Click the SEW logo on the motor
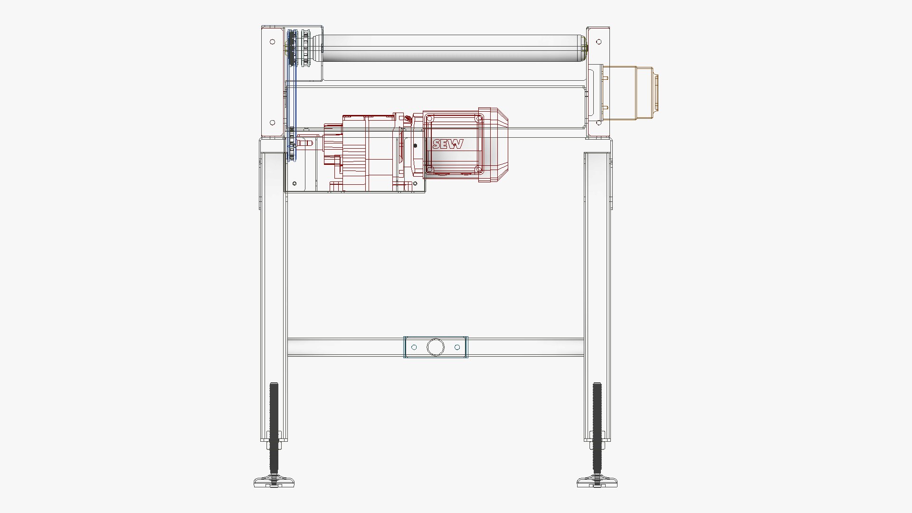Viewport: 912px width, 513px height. pos(447,144)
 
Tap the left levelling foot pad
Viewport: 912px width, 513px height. pos(274,483)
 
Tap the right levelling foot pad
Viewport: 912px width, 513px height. pos(597,483)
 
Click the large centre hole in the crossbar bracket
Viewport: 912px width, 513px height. pos(435,347)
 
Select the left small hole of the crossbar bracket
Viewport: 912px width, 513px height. pos(414,347)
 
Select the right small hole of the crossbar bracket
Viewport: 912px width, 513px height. pos(457,347)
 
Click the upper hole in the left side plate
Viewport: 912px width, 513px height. pos(272,42)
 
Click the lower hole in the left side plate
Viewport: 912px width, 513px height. pos(272,123)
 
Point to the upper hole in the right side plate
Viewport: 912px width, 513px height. pos(598,42)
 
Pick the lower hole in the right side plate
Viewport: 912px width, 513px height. pos(598,123)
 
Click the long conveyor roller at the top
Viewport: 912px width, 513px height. pos(451,47)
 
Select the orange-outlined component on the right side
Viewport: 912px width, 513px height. pos(629,93)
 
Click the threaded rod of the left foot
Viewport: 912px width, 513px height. pos(274,418)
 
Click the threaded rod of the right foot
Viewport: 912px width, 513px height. pos(597,418)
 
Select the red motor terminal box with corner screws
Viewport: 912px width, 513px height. pos(454,144)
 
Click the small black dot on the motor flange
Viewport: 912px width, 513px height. pos(416,146)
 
